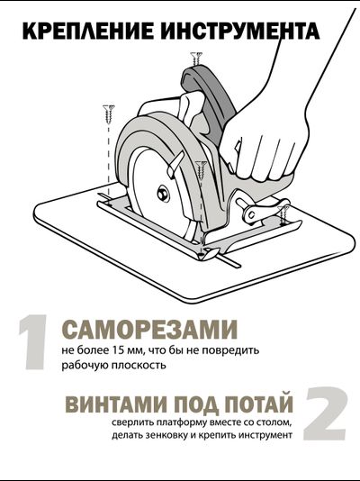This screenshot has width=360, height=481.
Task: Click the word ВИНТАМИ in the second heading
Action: click(x=108, y=402)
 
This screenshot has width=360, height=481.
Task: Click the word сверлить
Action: click(x=134, y=422)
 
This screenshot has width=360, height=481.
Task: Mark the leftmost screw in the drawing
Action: click(x=112, y=115)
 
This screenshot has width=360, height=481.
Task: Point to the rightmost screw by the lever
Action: click(x=284, y=213)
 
